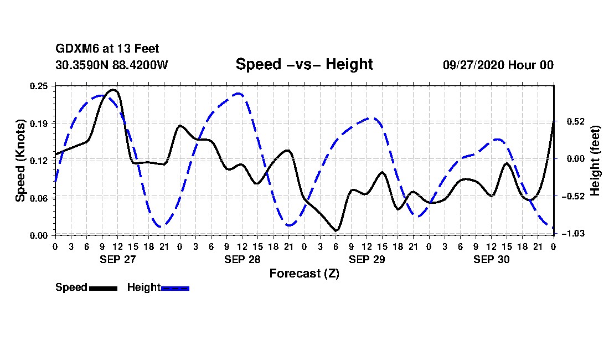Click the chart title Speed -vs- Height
pos(304,64)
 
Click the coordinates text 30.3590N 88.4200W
pos(112,65)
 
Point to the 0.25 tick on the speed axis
pos(40,86)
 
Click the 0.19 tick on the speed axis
pos(40,123)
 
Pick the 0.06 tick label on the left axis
pos(40,198)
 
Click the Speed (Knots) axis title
pos(20,160)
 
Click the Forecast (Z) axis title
pos(304,274)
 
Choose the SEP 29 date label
pos(367,259)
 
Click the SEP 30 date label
pos(491,259)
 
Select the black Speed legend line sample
pos(103,288)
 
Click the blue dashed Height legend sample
pos(175,288)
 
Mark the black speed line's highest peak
pos(113,89)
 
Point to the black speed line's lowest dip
pos(336,230)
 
